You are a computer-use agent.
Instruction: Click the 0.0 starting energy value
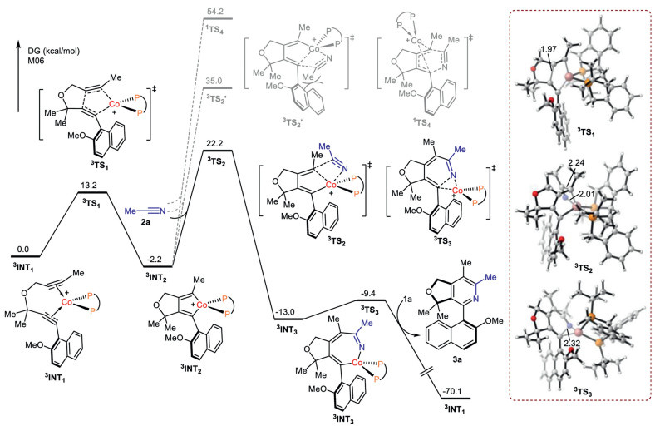(24, 249)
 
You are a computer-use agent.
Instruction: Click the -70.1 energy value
(455, 391)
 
